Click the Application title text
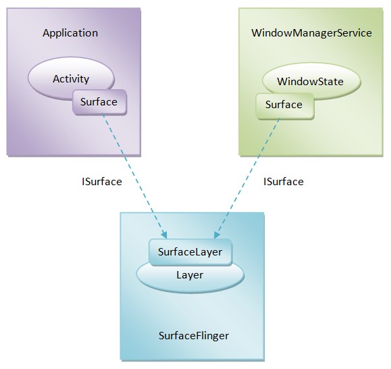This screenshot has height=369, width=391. [x=70, y=33]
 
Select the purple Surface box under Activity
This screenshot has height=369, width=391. [x=99, y=102]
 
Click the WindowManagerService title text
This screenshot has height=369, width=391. [x=311, y=33]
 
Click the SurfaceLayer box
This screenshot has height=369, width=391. [x=190, y=252]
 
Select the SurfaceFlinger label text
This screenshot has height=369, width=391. [x=194, y=336]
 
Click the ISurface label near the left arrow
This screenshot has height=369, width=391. [x=102, y=182]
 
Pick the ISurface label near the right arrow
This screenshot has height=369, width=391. [x=284, y=182]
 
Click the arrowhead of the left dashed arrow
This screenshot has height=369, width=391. [x=165, y=236]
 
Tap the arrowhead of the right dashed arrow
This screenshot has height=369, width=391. [x=216, y=235]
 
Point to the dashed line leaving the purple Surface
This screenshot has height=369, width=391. [x=134, y=176]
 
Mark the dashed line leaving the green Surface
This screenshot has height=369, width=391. [x=246, y=178]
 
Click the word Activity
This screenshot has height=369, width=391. [x=71, y=79]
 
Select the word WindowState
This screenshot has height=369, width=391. [x=310, y=82]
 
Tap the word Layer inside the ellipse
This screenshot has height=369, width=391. [x=190, y=275]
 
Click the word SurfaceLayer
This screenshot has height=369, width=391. [x=190, y=252]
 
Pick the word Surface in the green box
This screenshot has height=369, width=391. [x=284, y=105]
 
